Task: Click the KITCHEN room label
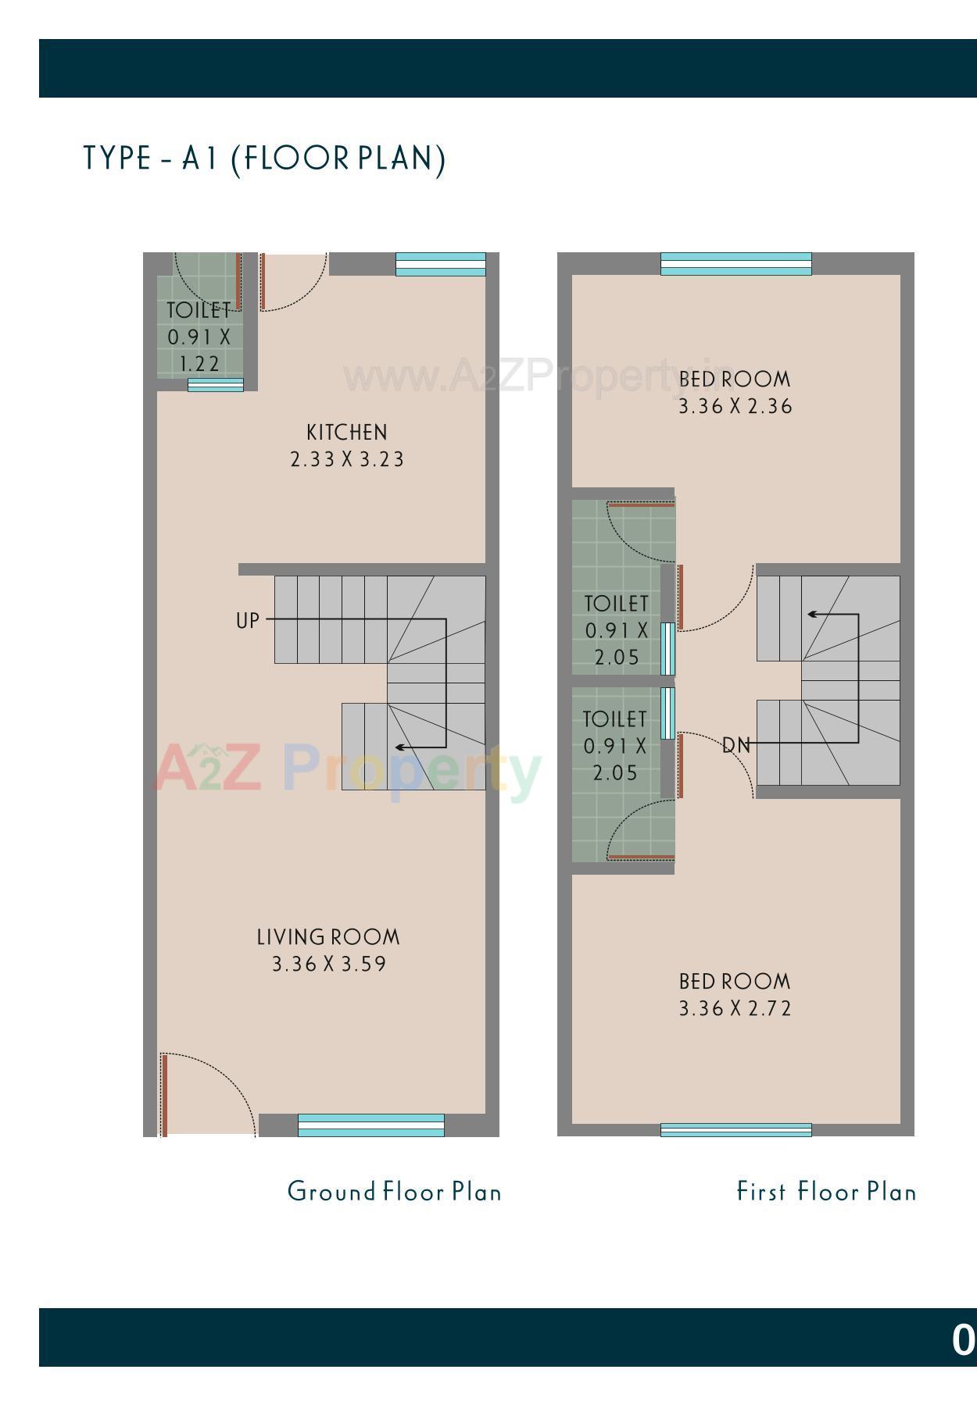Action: click(346, 433)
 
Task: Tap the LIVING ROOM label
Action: click(328, 937)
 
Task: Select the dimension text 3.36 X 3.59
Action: click(329, 965)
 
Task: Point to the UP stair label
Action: click(247, 621)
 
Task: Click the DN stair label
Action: click(736, 746)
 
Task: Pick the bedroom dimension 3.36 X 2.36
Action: click(735, 407)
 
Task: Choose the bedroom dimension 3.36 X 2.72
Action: click(735, 1009)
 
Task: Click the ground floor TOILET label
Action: click(199, 310)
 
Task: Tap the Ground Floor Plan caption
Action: click(394, 1192)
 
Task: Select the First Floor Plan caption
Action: click(826, 1192)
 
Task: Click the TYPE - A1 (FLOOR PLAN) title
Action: click(264, 159)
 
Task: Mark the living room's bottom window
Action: click(370, 1125)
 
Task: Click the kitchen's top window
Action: click(440, 264)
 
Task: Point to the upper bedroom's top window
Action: click(735, 264)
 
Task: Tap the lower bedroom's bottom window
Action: click(735, 1129)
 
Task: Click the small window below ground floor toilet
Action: click(215, 385)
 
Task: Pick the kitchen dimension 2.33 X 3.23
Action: click(347, 460)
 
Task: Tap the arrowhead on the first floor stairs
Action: click(811, 614)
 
